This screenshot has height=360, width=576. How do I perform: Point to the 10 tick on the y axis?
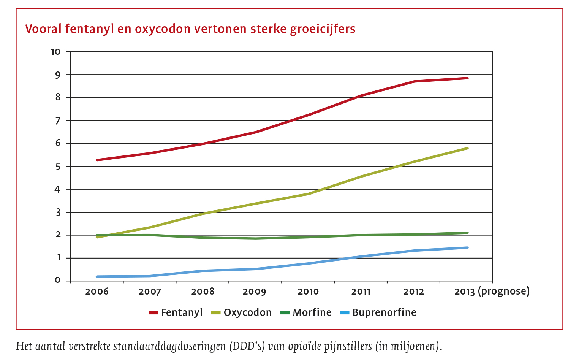[x=55, y=52]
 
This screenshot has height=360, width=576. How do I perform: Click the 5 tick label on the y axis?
[x=58, y=167]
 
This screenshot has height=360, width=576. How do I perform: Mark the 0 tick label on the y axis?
[x=58, y=281]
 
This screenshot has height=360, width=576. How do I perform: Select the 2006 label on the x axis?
[x=97, y=292]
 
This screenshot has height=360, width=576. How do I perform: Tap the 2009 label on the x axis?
[x=254, y=292]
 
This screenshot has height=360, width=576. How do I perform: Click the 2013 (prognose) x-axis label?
[x=492, y=292]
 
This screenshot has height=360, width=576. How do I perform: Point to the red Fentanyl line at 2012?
[x=414, y=81]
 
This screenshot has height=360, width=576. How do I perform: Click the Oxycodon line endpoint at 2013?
[x=467, y=148]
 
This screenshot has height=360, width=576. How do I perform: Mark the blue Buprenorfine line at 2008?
[x=203, y=271]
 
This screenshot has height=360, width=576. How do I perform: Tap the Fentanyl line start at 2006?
[x=97, y=160]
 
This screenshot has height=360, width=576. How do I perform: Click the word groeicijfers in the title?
[x=323, y=29]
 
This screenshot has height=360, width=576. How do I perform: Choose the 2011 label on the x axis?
[x=361, y=292]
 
